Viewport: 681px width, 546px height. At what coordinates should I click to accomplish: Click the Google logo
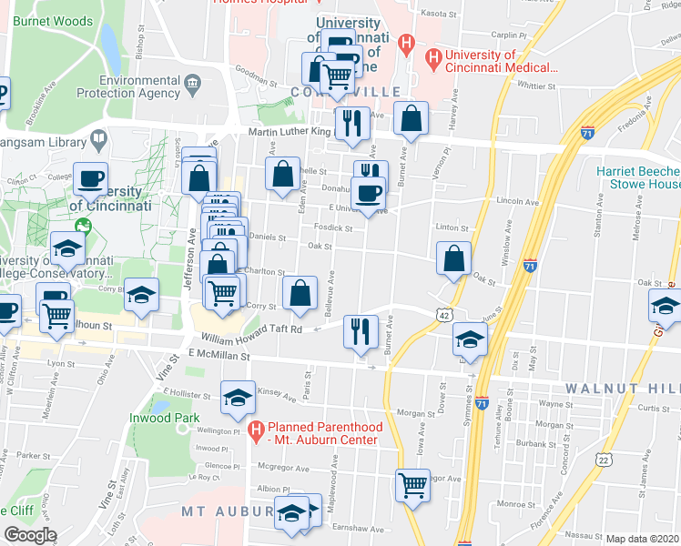click(30, 535)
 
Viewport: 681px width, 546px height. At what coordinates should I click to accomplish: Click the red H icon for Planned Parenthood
click(256, 428)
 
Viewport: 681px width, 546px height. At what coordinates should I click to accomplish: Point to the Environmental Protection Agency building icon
click(192, 85)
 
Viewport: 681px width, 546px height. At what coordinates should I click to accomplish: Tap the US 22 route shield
click(602, 461)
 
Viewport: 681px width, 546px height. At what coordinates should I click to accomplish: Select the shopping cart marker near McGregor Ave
click(412, 483)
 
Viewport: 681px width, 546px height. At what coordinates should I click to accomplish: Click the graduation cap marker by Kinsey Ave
click(238, 397)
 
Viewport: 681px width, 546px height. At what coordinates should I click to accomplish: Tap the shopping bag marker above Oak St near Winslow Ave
click(453, 258)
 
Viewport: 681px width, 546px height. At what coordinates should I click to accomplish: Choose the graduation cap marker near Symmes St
click(470, 339)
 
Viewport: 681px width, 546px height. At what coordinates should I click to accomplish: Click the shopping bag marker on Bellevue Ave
click(300, 293)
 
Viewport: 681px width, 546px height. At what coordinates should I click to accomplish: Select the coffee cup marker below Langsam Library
click(90, 178)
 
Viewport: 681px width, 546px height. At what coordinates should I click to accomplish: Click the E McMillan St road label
click(219, 356)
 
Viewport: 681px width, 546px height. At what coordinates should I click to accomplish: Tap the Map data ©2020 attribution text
click(642, 539)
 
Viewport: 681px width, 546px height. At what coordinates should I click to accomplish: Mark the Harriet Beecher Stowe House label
click(638, 177)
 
